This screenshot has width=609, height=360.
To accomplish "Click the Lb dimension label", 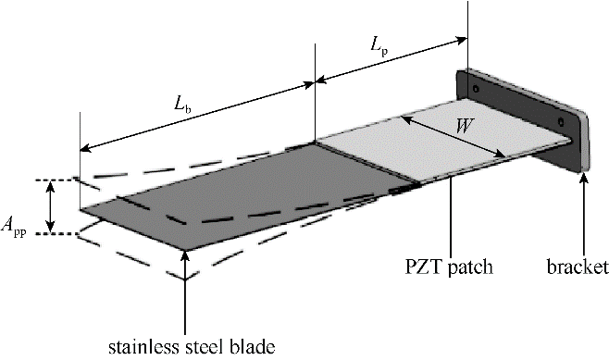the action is (x=182, y=104).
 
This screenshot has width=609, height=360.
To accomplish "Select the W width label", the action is (x=464, y=126).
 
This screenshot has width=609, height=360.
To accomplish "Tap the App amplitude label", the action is (x=14, y=226).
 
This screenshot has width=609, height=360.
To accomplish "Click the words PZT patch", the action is (x=449, y=267).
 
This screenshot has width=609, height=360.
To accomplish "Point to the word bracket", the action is (x=578, y=267).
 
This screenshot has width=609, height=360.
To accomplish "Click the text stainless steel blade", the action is (x=192, y=347).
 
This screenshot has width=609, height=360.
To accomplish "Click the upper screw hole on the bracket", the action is (x=476, y=89).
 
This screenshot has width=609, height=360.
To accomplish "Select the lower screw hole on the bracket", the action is (x=561, y=122).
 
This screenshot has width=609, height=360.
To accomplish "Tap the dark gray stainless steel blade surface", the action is (x=249, y=194).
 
